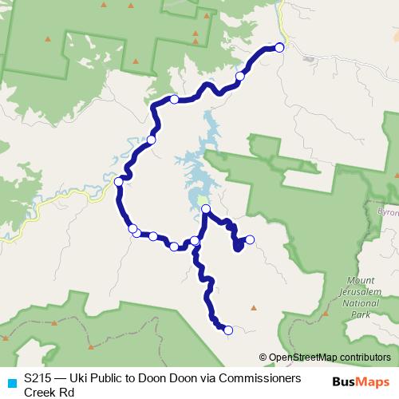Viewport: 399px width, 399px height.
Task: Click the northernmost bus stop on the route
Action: coord(280,47)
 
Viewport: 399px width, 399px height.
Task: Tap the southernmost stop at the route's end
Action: coord(228,330)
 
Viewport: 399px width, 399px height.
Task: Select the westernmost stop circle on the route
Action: coord(119,182)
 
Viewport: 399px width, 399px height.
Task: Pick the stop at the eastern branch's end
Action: coord(250,239)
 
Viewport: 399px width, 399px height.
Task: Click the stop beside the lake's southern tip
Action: coord(206,209)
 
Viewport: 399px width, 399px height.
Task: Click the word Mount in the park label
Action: coord(361,281)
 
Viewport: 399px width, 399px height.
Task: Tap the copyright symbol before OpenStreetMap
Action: coord(263,358)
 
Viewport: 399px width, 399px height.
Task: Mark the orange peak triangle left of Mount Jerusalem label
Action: coord(254,306)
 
